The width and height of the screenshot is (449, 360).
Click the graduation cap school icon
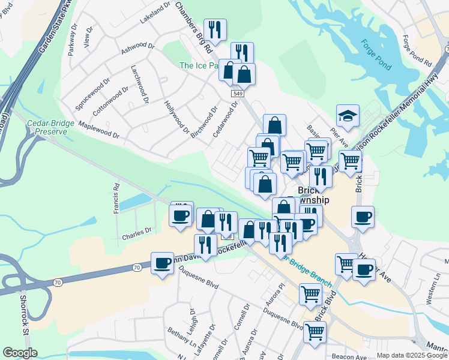348,115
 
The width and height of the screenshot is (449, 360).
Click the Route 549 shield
238,94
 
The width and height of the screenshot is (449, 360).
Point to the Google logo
20,352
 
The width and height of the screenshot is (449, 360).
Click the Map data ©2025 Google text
412,355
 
